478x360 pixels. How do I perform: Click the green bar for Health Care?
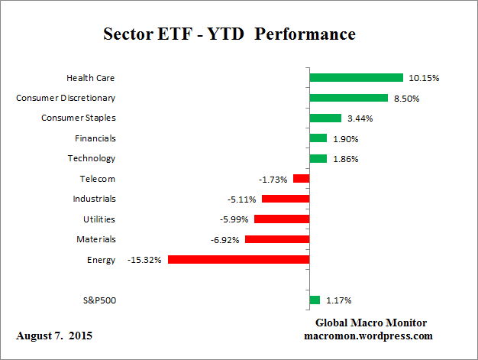tap(356, 77)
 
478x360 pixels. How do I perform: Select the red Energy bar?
tap(238, 260)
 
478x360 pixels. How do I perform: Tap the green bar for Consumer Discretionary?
tap(348, 98)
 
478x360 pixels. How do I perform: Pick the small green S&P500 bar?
tap(315, 300)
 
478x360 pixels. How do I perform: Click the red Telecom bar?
tap(301, 179)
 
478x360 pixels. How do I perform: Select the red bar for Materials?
tap(277, 239)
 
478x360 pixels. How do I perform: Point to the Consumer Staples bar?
tap(325, 118)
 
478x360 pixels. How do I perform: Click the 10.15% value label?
tap(425, 78)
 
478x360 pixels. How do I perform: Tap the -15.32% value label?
tap(144, 260)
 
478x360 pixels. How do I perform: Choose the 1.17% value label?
tap(341, 300)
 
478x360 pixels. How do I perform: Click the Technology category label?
tap(92, 158)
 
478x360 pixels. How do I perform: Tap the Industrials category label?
tap(95, 199)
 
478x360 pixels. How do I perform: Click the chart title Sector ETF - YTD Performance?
tap(229, 35)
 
